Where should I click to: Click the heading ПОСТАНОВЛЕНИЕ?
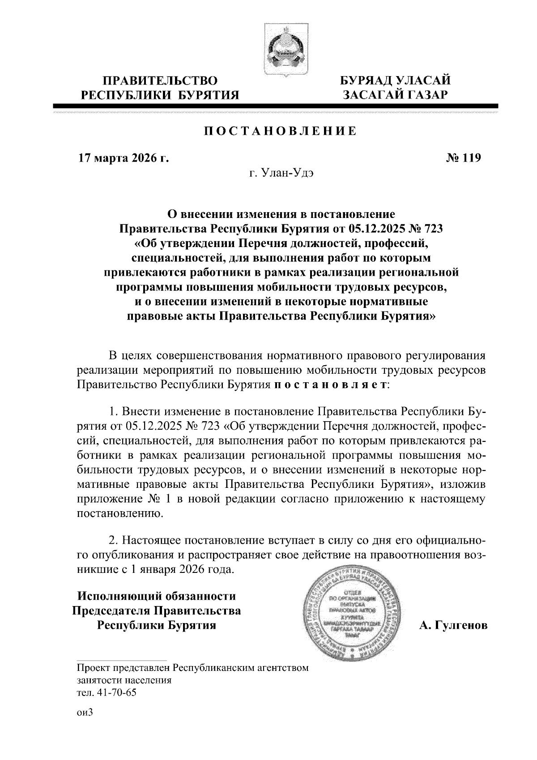281,131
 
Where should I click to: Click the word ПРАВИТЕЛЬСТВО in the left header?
161,81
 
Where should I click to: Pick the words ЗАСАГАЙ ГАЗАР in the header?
395,95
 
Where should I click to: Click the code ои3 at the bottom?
85,713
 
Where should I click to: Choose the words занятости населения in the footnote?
124,681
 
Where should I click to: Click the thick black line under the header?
275,106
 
